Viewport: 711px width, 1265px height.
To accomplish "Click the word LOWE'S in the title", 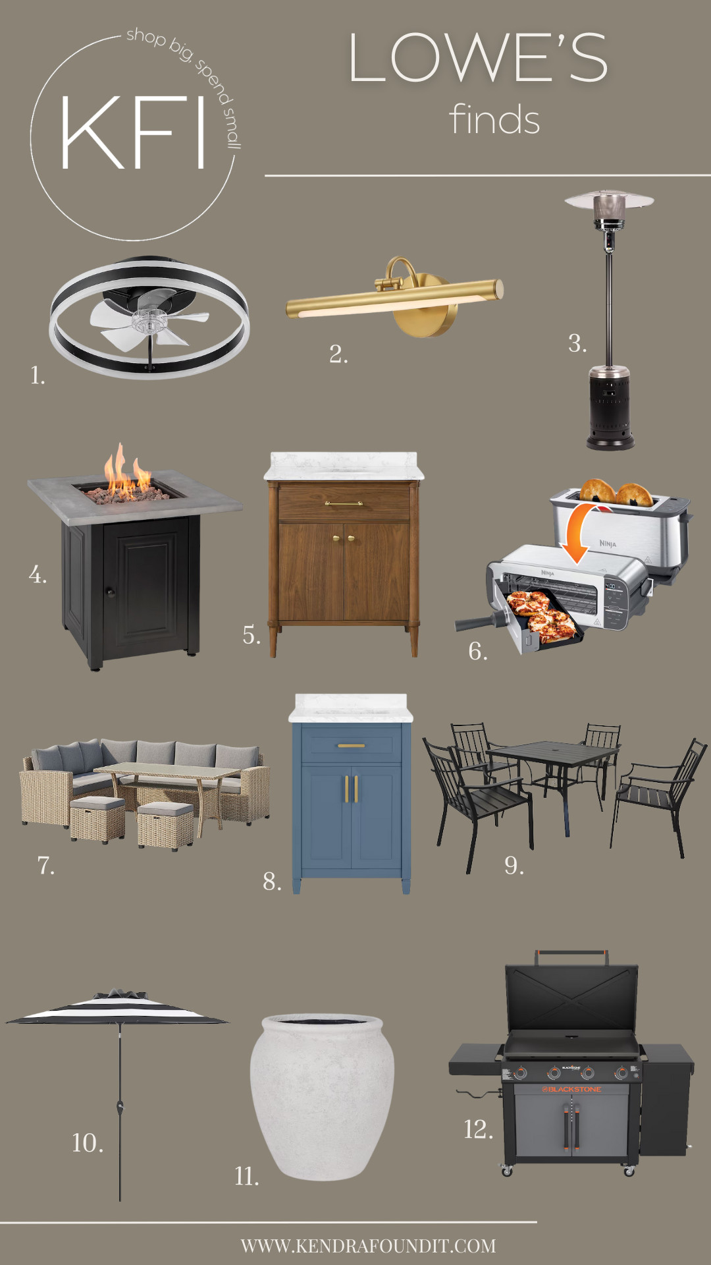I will [478, 59].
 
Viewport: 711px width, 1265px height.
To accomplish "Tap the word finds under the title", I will [494, 120].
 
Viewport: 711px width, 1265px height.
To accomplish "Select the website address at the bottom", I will [368, 1246].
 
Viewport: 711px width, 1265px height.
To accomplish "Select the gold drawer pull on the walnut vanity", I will [344, 504].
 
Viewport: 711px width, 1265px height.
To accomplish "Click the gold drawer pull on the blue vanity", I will [351, 746].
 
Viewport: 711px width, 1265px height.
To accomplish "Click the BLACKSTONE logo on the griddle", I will [571, 1089].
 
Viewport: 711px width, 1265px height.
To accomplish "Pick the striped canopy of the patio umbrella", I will [117, 1008].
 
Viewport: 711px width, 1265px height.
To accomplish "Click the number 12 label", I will [479, 1129].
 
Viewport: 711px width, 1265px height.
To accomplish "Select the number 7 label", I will [45, 865].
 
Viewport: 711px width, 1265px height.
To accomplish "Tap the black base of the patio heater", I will [610, 408].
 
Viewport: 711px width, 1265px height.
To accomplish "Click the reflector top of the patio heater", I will [609, 200].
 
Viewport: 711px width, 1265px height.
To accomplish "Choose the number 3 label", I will [577, 343].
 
